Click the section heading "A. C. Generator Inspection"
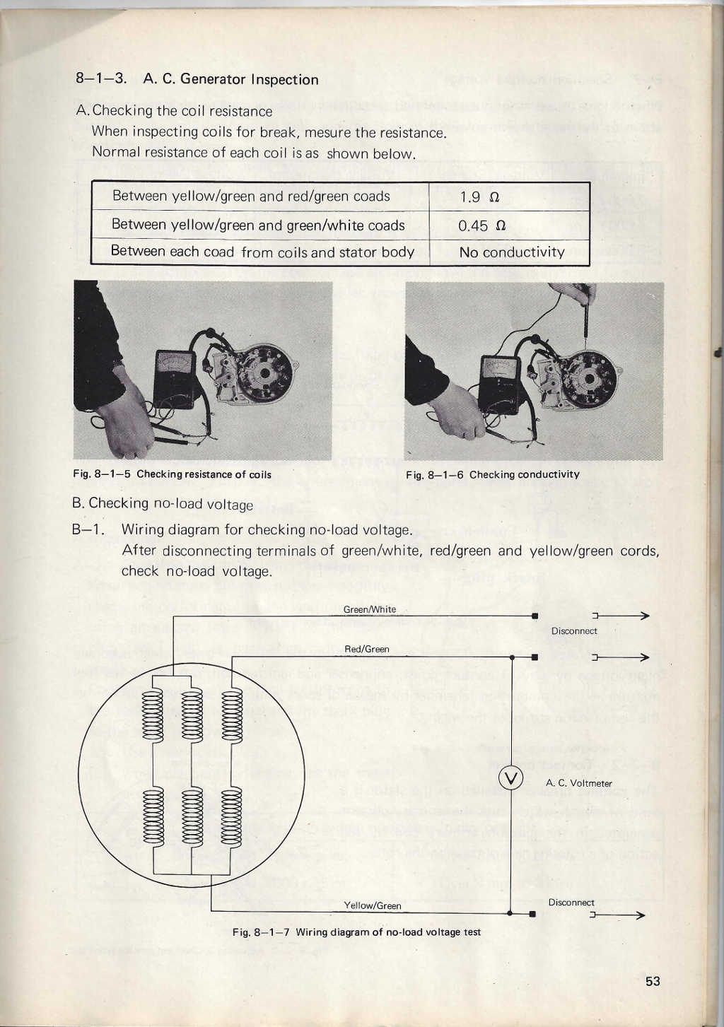click(x=230, y=79)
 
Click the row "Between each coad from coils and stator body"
click(x=262, y=252)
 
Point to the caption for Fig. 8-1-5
click(x=172, y=474)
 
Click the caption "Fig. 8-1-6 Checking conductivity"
click(x=492, y=474)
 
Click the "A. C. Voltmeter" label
click(x=578, y=783)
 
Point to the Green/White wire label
click(x=370, y=609)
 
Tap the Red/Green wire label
click(x=366, y=649)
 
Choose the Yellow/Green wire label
click(x=372, y=905)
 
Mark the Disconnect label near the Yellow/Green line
click(x=571, y=903)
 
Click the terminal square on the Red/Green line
click(x=535, y=657)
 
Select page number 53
click(x=652, y=981)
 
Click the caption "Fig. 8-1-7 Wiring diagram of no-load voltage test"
click(x=356, y=932)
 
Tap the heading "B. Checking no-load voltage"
click(x=163, y=503)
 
